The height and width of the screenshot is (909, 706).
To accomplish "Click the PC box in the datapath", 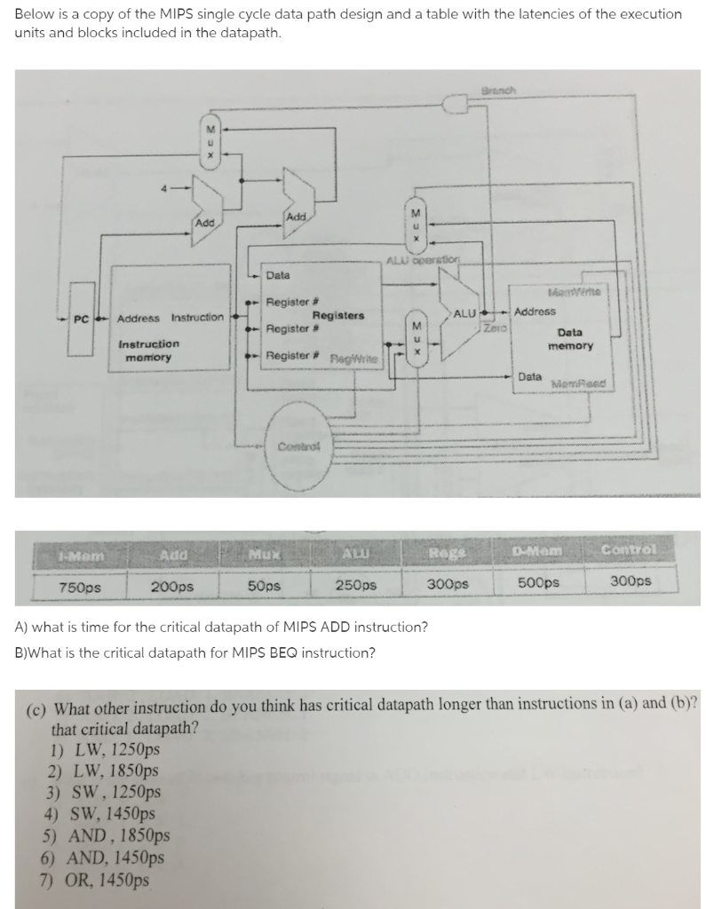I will pos(80,318).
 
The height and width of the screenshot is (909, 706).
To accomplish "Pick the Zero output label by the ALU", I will pos(496,328).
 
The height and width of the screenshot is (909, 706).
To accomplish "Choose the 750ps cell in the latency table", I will pos(79,586).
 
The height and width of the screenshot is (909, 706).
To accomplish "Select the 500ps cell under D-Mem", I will pos(538,583).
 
